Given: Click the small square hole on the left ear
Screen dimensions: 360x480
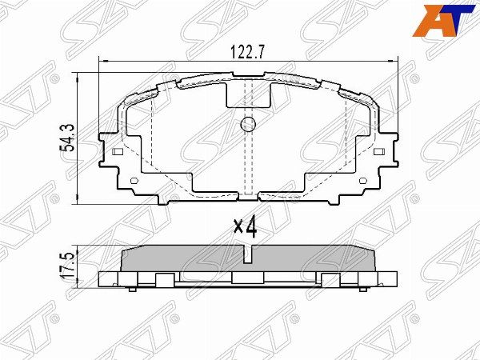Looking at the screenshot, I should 118,152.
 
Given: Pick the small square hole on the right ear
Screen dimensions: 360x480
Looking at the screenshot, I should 377,152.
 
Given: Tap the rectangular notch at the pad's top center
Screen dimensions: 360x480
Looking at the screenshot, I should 247,94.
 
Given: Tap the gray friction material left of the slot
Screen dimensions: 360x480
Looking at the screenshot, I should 184,258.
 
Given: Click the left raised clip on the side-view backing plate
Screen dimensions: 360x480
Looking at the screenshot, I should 162,278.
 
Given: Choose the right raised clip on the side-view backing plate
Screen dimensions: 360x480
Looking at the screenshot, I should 330,278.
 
